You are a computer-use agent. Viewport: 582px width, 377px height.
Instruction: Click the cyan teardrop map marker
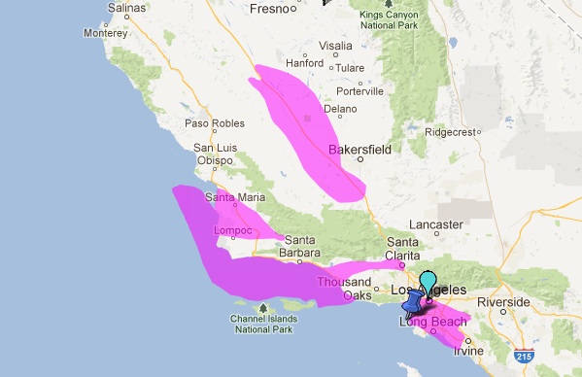[428, 285]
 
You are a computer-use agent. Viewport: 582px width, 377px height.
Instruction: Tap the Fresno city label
[271, 10]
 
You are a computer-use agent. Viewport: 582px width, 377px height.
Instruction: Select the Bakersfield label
[359, 151]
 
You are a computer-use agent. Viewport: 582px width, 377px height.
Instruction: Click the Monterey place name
[105, 32]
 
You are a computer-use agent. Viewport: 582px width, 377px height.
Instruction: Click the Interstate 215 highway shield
[526, 358]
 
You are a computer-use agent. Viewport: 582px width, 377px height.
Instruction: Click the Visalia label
[335, 46]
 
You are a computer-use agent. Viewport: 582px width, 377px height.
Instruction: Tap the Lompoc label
[232, 230]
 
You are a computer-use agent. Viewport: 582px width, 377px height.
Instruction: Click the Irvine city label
[467, 351]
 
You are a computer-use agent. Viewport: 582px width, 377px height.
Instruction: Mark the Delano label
[340, 109]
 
